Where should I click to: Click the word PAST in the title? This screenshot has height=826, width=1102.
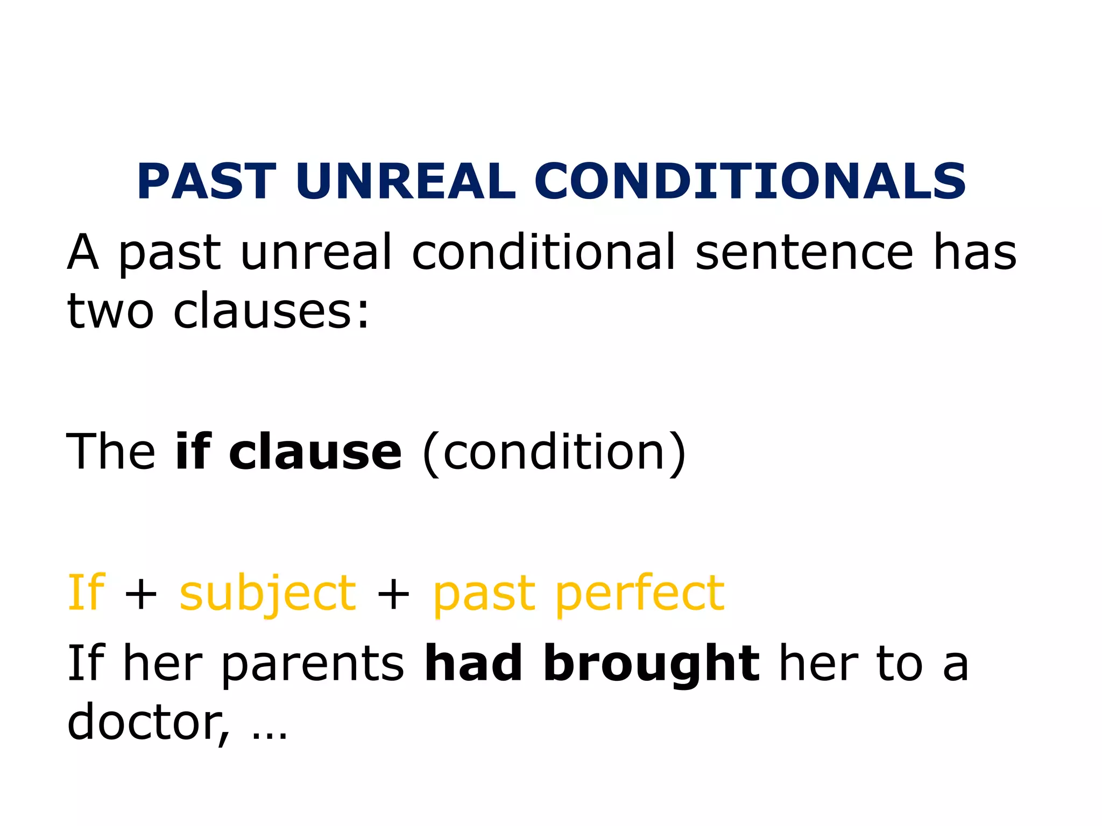coord(207,181)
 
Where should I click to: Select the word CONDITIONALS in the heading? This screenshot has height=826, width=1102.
coord(750,181)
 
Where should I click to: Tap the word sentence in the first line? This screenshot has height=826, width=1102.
coord(804,253)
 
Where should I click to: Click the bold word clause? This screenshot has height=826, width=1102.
coord(315,452)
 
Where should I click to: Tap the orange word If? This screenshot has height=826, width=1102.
coord(86,593)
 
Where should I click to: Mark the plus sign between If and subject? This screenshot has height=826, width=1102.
coord(140,596)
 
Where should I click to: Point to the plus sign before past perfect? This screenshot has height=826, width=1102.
coord(393,596)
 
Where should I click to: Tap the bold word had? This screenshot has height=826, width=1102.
coord(474,664)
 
